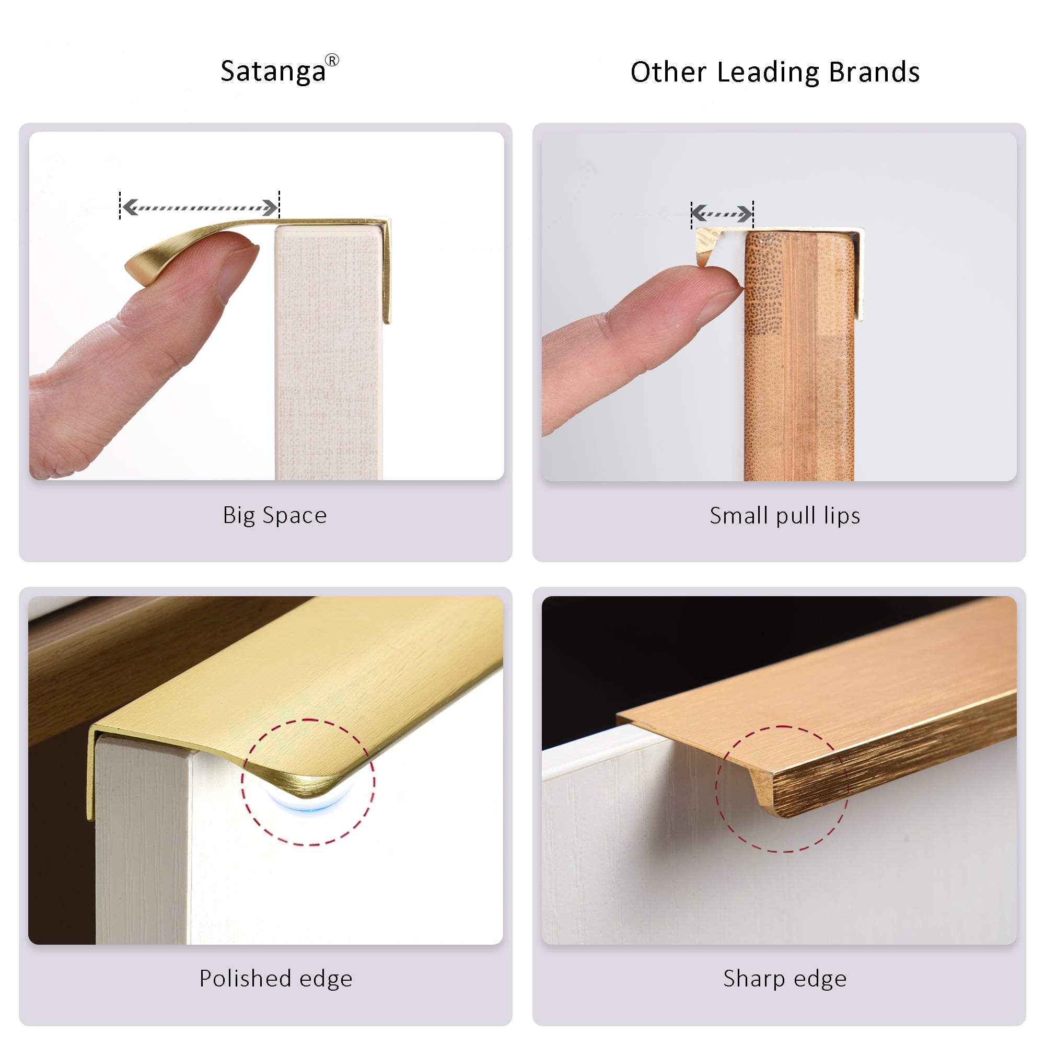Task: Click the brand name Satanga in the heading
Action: click(273, 72)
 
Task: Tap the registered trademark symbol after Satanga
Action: click(332, 60)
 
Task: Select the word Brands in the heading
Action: click(874, 72)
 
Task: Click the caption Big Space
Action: click(275, 516)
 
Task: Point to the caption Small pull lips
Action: click(785, 516)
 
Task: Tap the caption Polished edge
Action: click(276, 979)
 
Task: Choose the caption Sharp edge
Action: click(785, 979)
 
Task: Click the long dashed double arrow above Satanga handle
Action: click(200, 207)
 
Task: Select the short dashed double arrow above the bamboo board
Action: click(722, 214)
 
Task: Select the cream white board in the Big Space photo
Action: click(329, 352)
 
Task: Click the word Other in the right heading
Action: click(669, 72)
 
